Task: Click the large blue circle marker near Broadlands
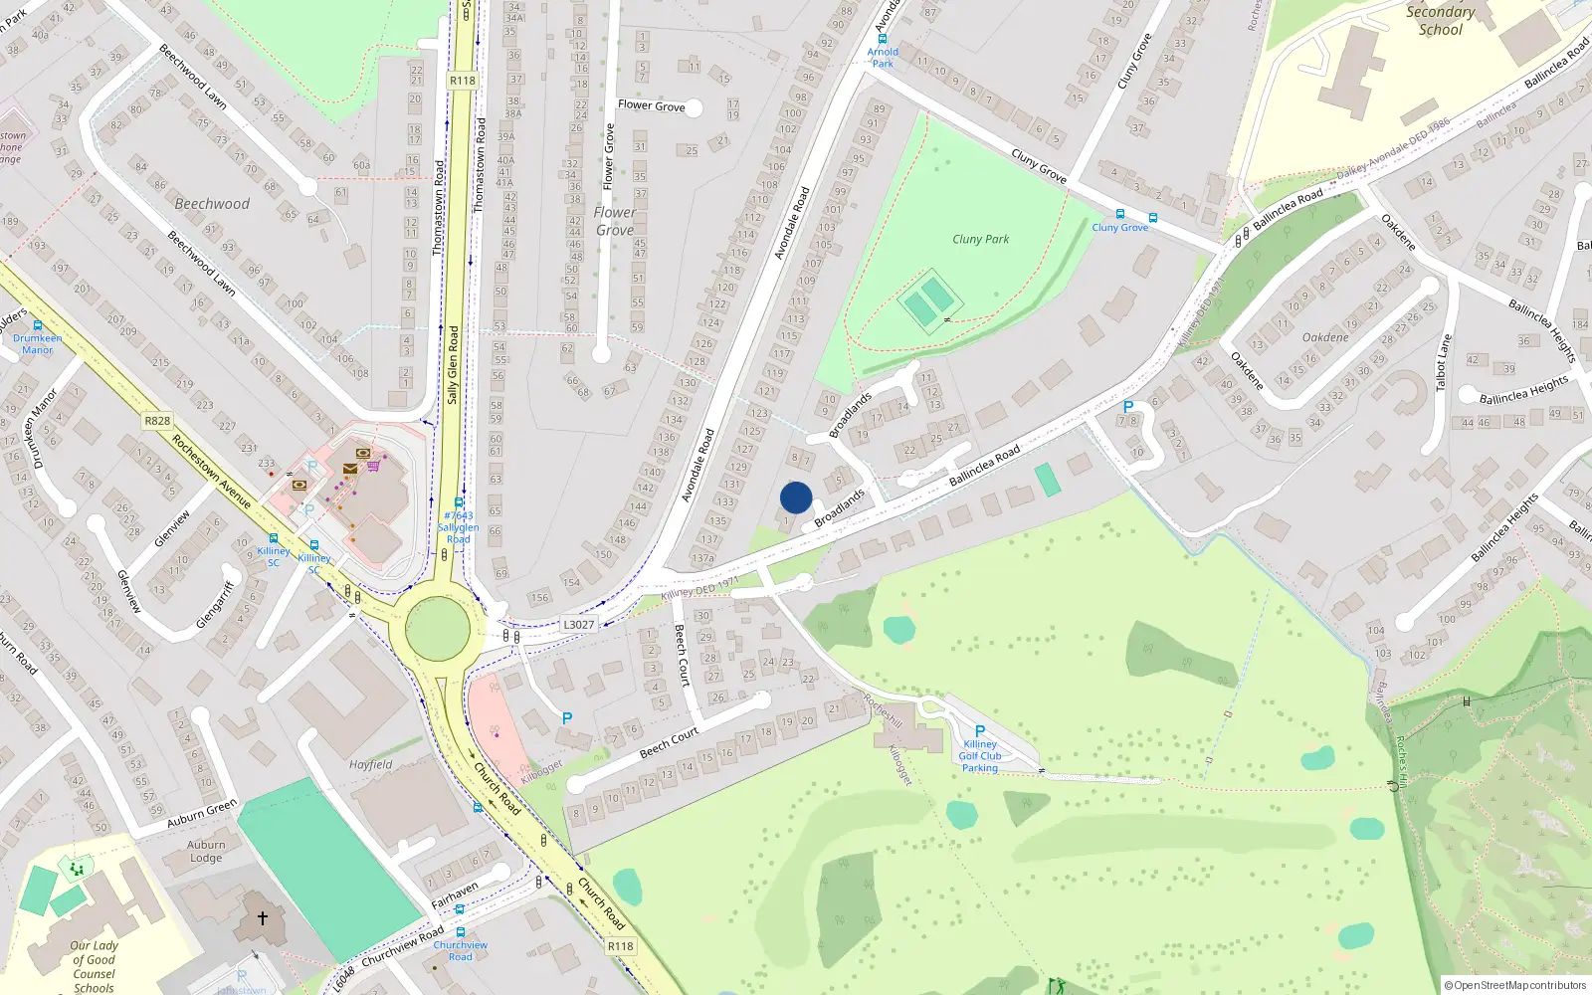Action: pos(796,497)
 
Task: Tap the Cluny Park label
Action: pos(980,239)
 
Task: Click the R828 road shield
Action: pos(157,421)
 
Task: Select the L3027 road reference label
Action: pos(578,625)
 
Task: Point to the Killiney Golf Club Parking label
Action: pos(980,756)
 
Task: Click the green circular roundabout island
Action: pos(438,629)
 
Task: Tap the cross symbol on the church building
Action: pos(263,918)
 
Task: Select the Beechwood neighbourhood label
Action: pos(212,204)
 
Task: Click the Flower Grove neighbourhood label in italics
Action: pos(615,221)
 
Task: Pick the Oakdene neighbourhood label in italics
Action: pos(1325,337)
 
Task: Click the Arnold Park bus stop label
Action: pos(883,57)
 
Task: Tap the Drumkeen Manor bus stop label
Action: pos(38,343)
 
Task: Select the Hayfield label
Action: pos(370,765)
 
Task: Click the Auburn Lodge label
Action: pos(206,851)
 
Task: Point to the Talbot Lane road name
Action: pos(1444,362)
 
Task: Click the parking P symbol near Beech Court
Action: pos(567,718)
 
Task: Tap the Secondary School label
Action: pos(1440,20)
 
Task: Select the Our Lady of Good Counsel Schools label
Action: pos(94,966)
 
